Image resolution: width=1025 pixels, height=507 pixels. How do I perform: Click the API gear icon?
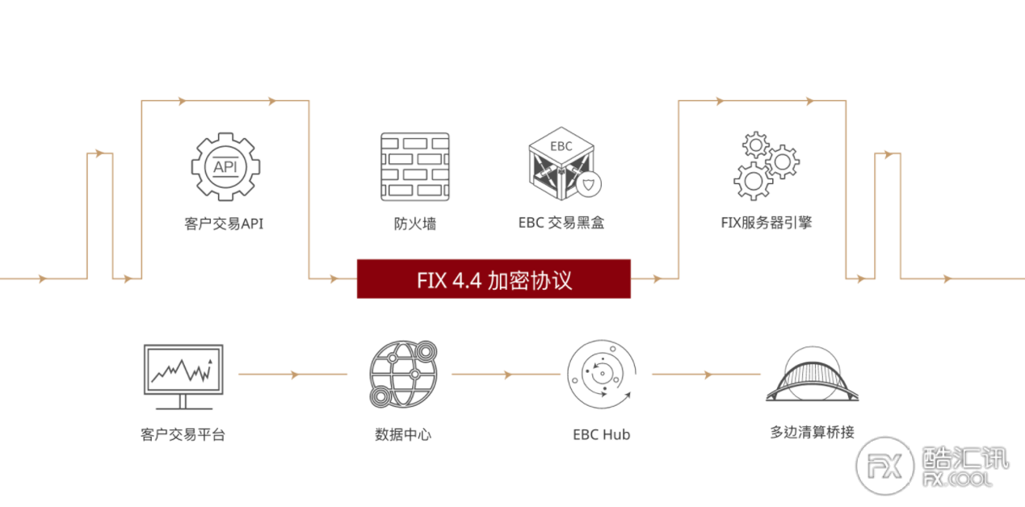tap(225, 167)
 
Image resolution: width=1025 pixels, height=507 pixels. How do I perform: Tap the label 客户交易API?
tap(224, 224)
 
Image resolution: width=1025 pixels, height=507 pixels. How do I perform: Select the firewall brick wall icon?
tap(415, 167)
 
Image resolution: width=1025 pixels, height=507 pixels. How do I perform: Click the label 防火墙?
tap(415, 224)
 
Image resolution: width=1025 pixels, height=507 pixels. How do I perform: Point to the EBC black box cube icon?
tap(562, 163)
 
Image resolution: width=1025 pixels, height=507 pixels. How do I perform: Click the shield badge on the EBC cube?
tap(589, 185)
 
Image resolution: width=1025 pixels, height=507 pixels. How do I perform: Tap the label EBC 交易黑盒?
tap(561, 223)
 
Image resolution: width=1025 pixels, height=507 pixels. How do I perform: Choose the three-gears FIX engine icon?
tap(767, 166)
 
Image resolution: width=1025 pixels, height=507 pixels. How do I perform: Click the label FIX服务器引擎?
tap(767, 223)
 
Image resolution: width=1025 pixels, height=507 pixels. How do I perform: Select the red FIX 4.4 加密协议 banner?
tap(494, 279)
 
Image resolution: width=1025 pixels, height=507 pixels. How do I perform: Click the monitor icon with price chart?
tap(183, 377)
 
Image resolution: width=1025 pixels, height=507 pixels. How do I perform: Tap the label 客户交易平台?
tap(183, 434)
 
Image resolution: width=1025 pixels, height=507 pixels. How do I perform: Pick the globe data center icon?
tap(403, 374)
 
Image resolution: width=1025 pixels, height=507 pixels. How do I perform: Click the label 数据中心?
tap(403, 434)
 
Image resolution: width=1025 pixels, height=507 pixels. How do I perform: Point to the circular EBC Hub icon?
tap(602, 374)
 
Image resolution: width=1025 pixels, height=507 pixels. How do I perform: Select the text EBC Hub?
tap(602, 434)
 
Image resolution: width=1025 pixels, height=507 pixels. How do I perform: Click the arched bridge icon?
tap(813, 375)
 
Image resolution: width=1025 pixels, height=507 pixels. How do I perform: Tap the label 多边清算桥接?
tap(813, 432)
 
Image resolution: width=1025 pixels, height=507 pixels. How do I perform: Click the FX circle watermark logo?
tap(885, 466)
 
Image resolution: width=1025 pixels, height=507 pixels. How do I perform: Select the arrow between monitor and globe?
tap(293, 375)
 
